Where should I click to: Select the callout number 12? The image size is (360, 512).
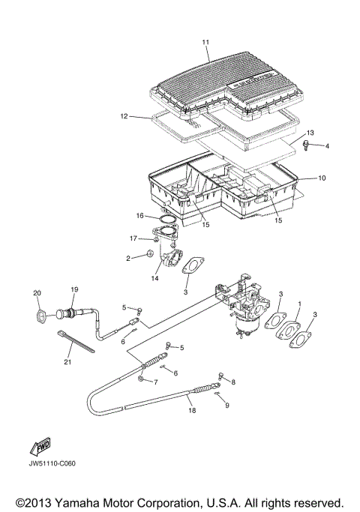point(125,116)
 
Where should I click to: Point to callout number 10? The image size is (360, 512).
point(322,178)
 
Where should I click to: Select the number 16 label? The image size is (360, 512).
point(140,215)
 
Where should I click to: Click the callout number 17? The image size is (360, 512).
point(133,238)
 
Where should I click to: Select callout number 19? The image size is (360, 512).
point(74,289)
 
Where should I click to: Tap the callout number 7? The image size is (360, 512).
point(156,382)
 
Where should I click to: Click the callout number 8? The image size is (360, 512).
point(232,382)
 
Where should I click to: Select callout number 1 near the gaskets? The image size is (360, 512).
point(298,306)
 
